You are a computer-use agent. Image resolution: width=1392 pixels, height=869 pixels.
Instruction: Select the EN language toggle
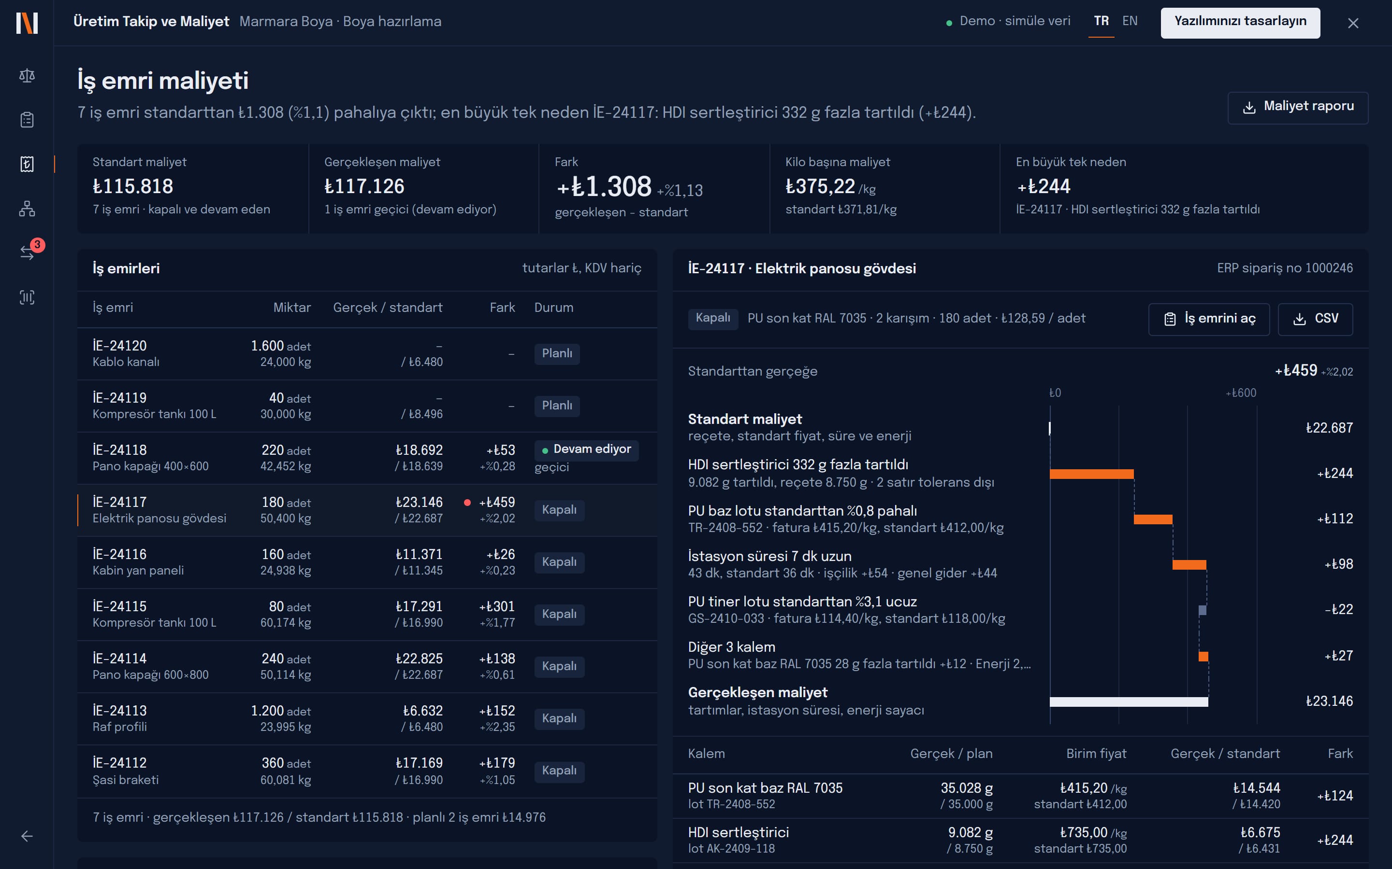click(x=1130, y=21)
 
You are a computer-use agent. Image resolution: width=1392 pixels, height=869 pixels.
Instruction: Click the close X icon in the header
click(x=1353, y=23)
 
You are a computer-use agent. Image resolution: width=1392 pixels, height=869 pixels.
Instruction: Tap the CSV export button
click(x=1315, y=319)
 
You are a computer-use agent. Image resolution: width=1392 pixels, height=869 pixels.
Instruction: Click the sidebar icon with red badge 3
click(x=27, y=252)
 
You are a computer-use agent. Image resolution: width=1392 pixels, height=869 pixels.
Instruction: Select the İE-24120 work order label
click(x=120, y=345)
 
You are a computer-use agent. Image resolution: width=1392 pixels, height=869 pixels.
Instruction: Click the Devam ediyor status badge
click(x=586, y=449)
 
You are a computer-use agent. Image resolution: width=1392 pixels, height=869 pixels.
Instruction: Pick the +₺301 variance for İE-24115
click(x=497, y=606)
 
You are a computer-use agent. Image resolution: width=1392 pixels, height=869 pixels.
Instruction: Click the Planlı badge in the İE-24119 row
click(x=557, y=406)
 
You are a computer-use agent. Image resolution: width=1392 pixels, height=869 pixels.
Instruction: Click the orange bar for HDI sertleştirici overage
click(x=1092, y=474)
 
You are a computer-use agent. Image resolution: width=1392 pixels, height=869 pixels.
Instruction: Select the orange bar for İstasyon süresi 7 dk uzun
click(x=1189, y=564)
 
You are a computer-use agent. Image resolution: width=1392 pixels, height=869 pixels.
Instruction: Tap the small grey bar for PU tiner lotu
click(x=1202, y=610)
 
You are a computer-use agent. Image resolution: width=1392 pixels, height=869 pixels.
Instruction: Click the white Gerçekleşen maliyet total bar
click(x=1129, y=701)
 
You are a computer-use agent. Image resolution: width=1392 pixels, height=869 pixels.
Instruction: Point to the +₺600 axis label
click(x=1241, y=393)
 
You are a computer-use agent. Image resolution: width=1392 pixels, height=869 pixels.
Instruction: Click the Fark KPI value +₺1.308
click(x=604, y=187)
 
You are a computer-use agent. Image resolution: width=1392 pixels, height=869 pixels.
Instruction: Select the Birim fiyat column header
click(x=1096, y=754)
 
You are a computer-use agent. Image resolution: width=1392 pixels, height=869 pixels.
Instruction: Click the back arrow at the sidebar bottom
click(x=27, y=836)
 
